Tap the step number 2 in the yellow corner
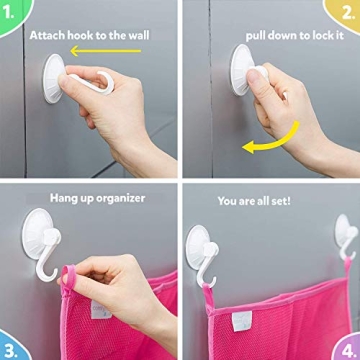point(348,14)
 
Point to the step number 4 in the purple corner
point(348,351)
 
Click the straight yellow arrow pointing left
point(106,51)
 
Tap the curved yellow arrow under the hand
point(271,139)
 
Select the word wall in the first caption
point(138,35)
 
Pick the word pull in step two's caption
point(256,36)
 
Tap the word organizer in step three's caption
point(121,199)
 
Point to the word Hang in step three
point(61,199)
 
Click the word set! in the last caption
point(280,201)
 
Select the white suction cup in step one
point(53,79)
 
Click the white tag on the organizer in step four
point(242,321)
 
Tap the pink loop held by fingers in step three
point(69,277)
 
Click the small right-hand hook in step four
point(347,237)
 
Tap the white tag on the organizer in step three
point(101,310)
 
